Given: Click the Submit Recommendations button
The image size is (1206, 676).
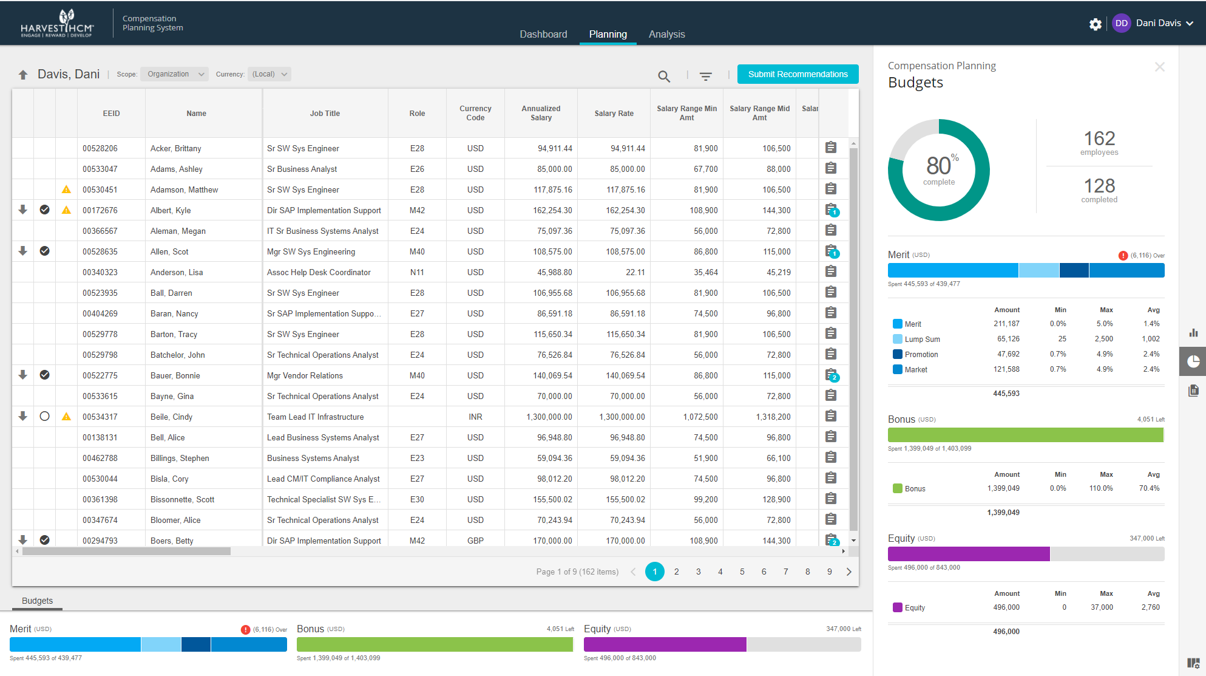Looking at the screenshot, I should click(798, 74).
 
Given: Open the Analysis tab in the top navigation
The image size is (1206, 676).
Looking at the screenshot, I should click(666, 34).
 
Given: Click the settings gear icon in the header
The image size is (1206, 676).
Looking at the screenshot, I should click(1095, 24).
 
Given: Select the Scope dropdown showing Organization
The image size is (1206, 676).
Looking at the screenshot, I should click(174, 74).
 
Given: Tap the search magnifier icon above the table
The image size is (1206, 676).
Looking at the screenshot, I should click(664, 77).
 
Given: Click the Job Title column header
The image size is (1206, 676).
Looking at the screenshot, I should click(325, 114).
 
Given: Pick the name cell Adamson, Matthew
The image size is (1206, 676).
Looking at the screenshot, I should click(184, 189).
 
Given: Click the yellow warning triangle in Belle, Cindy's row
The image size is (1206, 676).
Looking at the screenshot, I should click(66, 417).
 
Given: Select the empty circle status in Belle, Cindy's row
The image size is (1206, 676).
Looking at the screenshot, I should click(44, 417).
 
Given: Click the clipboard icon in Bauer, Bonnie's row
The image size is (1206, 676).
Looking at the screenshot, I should click(831, 375).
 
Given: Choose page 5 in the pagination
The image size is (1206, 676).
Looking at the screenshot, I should click(742, 572).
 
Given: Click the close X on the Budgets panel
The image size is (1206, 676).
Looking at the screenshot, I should click(1159, 67).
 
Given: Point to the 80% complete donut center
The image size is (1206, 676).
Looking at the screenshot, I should click(938, 170).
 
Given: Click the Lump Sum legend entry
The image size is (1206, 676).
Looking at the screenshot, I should click(922, 340).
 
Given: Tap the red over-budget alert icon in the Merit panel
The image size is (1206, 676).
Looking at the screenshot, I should click(1123, 256).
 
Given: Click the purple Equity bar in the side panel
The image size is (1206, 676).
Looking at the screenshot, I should click(968, 554).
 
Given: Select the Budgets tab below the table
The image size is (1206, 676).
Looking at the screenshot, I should click(37, 601).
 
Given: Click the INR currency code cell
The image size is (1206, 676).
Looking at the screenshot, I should click(475, 417).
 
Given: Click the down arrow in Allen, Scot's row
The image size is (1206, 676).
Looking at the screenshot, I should click(22, 251).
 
